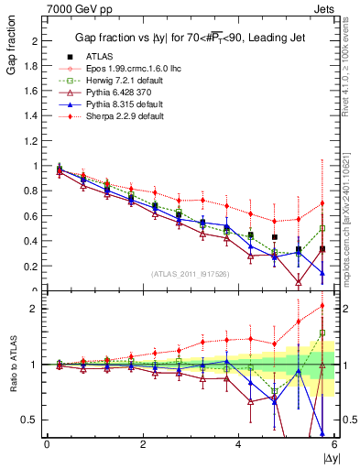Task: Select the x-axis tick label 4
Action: click(238, 444)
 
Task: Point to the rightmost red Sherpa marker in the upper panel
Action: click(322, 203)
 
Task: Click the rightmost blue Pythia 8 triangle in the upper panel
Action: click(322, 273)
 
